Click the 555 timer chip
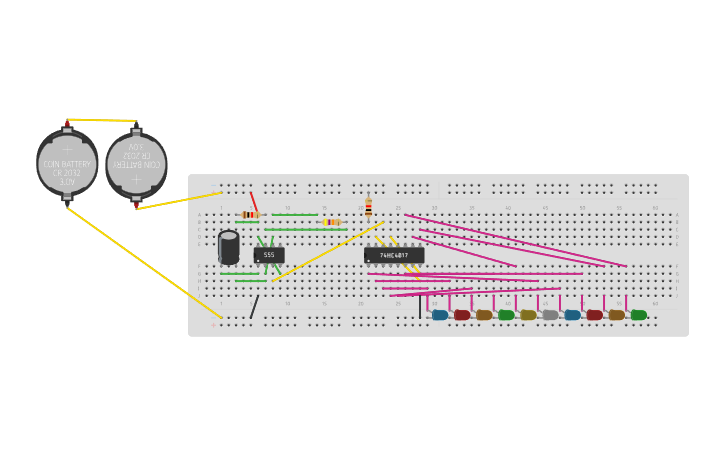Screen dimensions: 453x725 (269, 255)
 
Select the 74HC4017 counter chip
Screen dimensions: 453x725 (394, 255)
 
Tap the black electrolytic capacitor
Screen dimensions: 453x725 (229, 247)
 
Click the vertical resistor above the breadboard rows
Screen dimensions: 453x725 (368, 207)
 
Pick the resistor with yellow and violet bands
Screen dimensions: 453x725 (331, 222)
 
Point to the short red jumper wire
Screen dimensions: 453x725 (254, 201)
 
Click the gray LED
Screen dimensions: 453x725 (550, 315)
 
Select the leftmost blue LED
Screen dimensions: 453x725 (440, 315)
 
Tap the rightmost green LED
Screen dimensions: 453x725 (638, 315)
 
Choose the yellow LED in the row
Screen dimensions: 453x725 (528, 315)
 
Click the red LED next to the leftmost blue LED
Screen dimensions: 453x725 (462, 315)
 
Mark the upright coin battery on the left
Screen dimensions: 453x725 (67, 164)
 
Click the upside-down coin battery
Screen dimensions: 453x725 (136, 165)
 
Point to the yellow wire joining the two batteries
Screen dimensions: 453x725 (100, 120)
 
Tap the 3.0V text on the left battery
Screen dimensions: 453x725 (67, 182)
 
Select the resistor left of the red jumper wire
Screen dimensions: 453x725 (249, 215)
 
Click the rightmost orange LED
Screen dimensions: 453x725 (616, 315)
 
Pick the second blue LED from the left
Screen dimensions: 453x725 (572, 315)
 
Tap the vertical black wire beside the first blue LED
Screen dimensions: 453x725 (420, 306)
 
